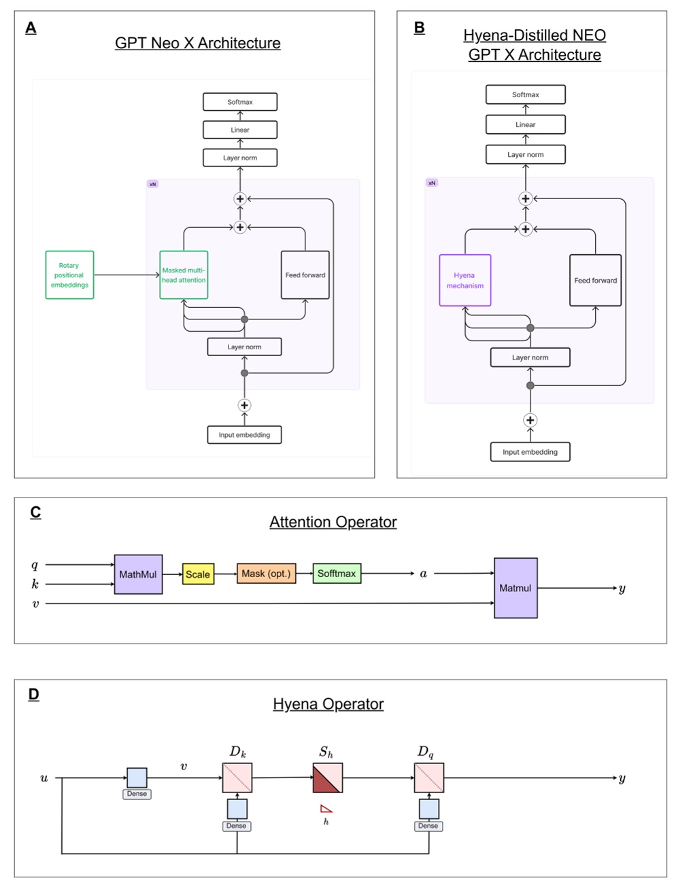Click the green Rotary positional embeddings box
pos(69,275)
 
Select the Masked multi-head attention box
pos(184,275)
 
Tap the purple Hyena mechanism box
pos(465,281)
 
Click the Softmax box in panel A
pos(240,102)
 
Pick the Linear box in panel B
pos(525,124)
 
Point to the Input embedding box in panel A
pos(244,435)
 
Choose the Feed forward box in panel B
pos(595,281)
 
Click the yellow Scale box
pos(198,574)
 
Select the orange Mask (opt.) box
pos(266,574)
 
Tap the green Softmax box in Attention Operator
pos(337,574)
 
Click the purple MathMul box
pos(138,574)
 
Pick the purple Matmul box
pos(515,588)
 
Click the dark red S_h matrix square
pos(327,778)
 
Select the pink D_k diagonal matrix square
pos(237,778)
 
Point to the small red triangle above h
pos(326,809)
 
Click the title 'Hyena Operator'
pos(328,704)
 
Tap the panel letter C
pos(35,512)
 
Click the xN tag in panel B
pos(432,183)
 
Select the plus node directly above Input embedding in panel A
pos(244,405)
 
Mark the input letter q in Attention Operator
pos(35,565)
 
